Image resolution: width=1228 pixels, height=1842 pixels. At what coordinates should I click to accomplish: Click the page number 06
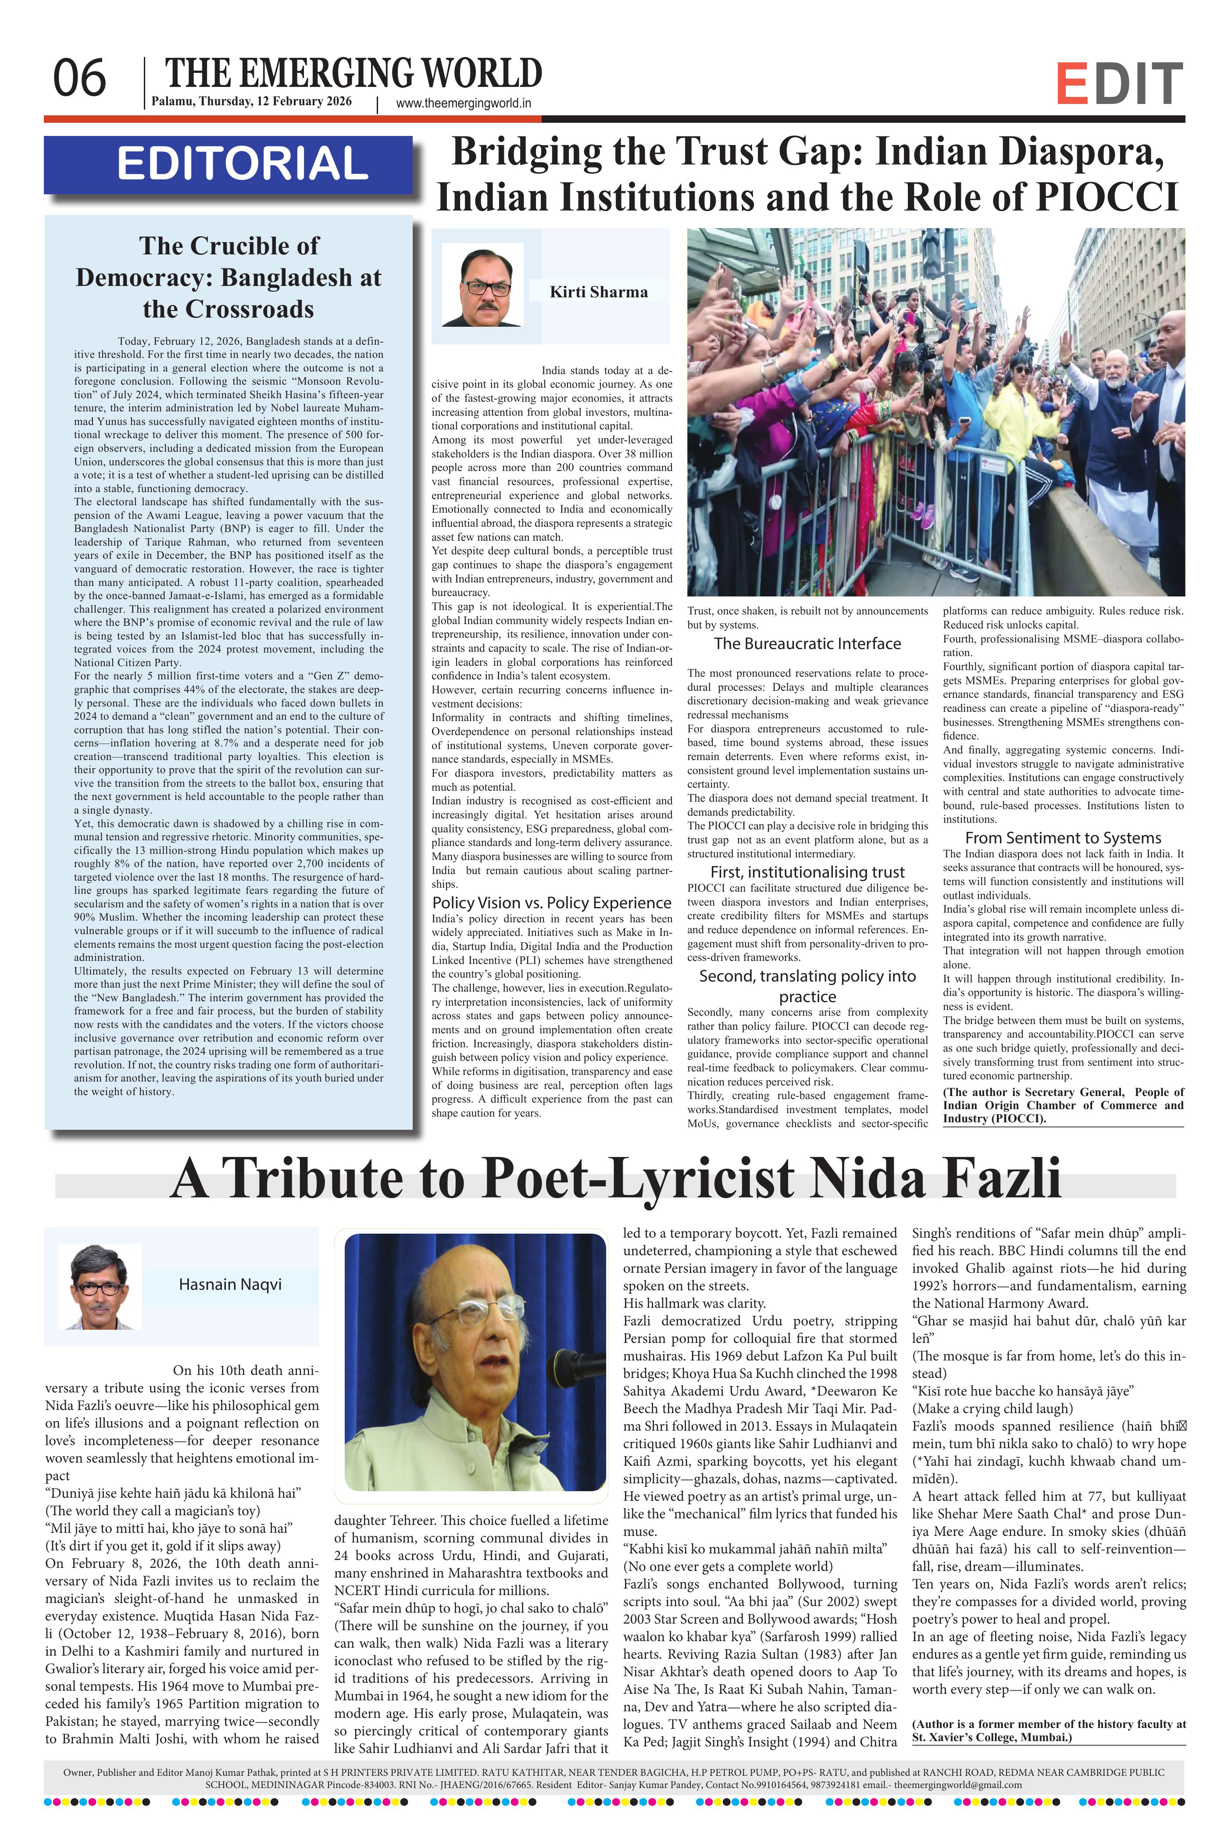point(79,79)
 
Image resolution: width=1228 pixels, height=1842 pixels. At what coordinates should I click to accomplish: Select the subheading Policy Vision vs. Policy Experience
point(551,902)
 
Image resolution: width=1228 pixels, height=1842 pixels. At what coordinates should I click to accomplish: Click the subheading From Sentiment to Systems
point(1063,838)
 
